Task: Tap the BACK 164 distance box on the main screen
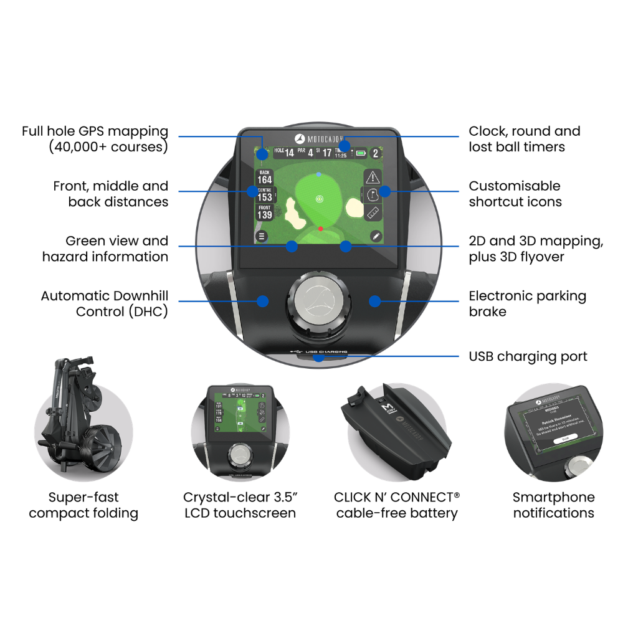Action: (x=265, y=177)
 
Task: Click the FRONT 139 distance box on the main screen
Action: (x=265, y=212)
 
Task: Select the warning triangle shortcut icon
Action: (x=372, y=176)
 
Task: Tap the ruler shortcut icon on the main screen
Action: (x=372, y=212)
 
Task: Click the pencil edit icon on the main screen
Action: (x=376, y=236)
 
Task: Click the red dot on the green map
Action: (x=320, y=229)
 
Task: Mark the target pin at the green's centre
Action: (x=320, y=199)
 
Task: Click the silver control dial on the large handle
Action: (x=318, y=300)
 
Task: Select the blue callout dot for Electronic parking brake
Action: (x=374, y=301)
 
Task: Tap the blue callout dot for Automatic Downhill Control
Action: (x=263, y=301)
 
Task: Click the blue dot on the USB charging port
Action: (x=318, y=357)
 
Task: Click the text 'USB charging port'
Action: (x=528, y=357)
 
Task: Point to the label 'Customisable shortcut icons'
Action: (x=515, y=194)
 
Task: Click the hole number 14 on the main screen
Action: (x=289, y=153)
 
